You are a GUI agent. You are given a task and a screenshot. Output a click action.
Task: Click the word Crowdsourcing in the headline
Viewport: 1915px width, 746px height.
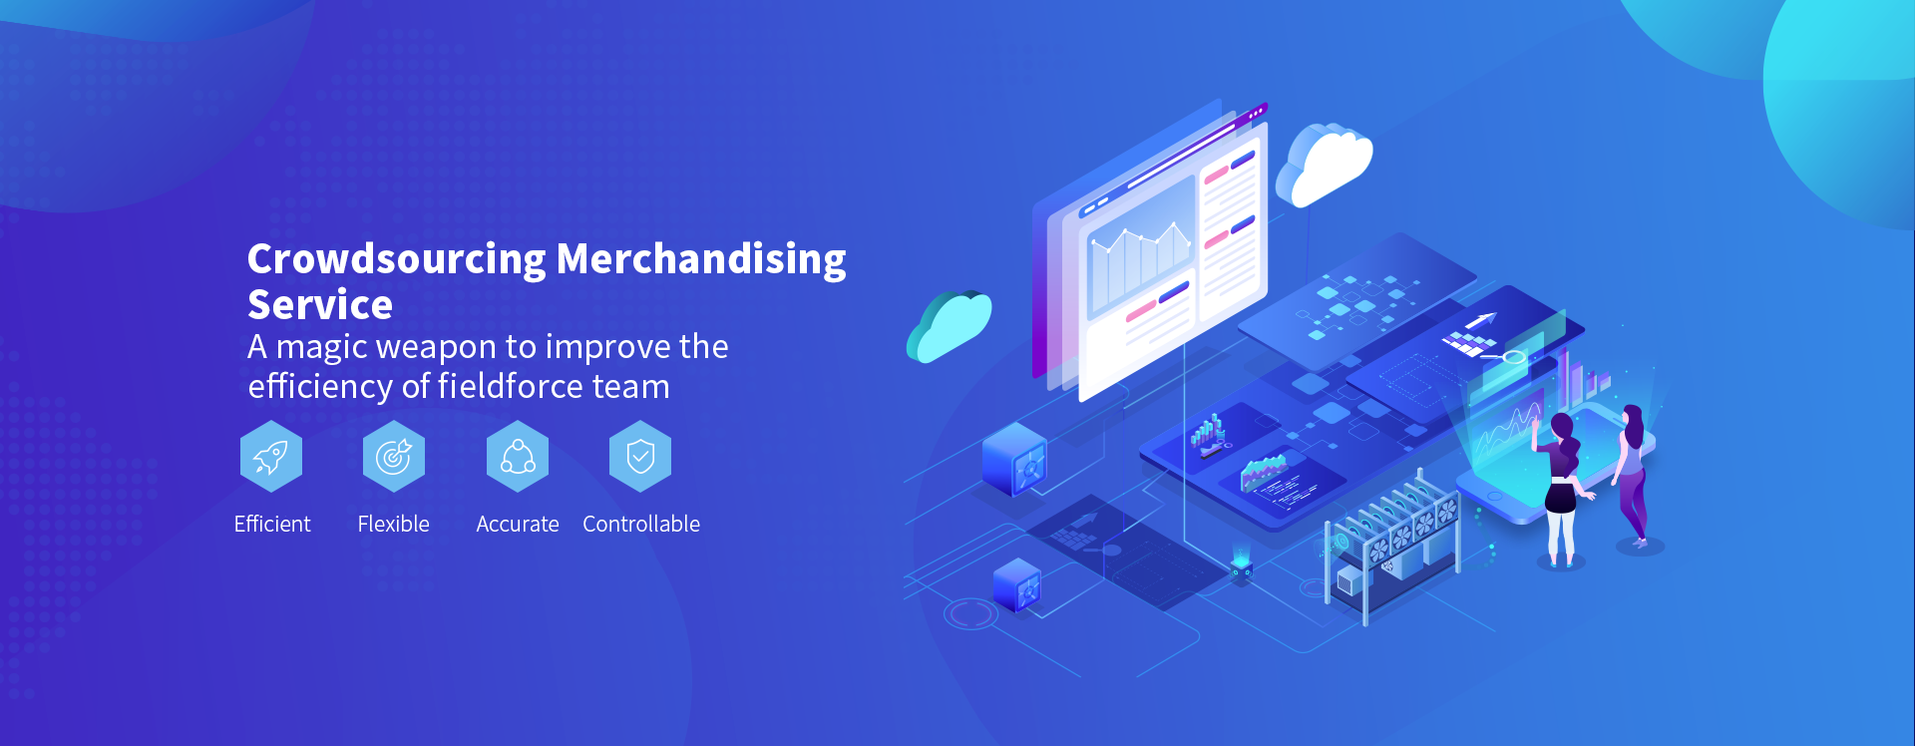point(397,260)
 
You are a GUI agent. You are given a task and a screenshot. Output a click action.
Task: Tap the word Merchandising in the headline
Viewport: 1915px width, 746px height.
point(701,260)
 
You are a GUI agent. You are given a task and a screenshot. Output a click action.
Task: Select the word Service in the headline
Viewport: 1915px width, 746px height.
point(320,305)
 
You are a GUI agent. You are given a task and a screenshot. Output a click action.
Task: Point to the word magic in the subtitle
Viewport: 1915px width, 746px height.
point(320,348)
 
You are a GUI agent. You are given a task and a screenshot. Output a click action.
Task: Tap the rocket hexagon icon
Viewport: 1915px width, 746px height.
point(271,457)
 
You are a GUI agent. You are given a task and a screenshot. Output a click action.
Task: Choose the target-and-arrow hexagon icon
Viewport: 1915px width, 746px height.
point(394,457)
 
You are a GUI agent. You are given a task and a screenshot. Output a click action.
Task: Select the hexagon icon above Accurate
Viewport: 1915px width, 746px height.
point(518,457)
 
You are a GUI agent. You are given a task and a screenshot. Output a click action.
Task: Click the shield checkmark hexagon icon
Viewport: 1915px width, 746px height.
point(640,457)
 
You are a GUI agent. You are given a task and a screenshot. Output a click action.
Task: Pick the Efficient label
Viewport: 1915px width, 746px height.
point(272,524)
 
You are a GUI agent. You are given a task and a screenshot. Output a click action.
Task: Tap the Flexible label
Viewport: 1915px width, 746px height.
point(394,524)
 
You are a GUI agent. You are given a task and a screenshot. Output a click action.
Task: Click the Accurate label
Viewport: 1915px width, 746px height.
point(518,524)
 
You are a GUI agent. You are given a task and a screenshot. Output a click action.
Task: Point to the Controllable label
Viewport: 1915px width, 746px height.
point(641,524)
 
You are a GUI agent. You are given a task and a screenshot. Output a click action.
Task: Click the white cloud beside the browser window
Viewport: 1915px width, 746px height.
point(1325,166)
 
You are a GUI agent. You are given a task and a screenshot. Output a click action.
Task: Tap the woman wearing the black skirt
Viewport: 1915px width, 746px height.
point(1561,489)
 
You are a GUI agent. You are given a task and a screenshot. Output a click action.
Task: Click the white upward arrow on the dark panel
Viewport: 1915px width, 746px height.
point(1481,321)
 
